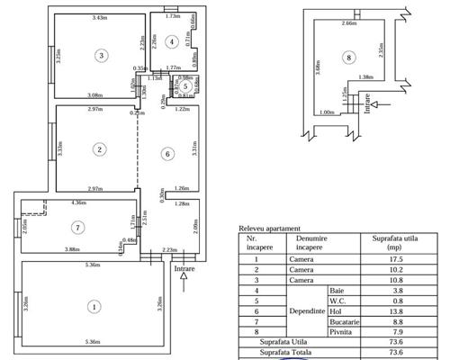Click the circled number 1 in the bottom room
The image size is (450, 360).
[93, 307]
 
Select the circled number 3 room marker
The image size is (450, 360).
[102, 55]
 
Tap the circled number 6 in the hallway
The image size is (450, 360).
[166, 154]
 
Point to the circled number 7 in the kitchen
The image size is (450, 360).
[79, 226]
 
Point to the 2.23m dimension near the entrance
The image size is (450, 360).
[167, 249]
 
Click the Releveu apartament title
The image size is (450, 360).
[269, 229]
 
